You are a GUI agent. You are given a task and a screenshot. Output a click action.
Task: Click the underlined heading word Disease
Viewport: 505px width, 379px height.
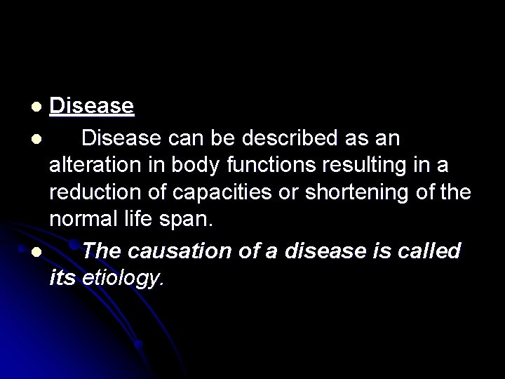click(x=91, y=107)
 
